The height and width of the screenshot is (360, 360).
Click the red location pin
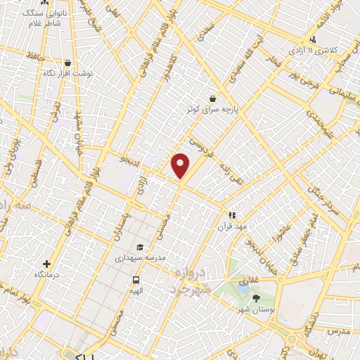tap(181, 165)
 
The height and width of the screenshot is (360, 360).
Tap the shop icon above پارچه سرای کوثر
tap(212, 99)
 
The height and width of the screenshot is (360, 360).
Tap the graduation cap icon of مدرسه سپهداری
tap(140, 247)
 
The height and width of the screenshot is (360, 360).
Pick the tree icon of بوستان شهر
tap(255, 298)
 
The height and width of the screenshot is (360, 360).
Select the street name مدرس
tap(339, 330)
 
